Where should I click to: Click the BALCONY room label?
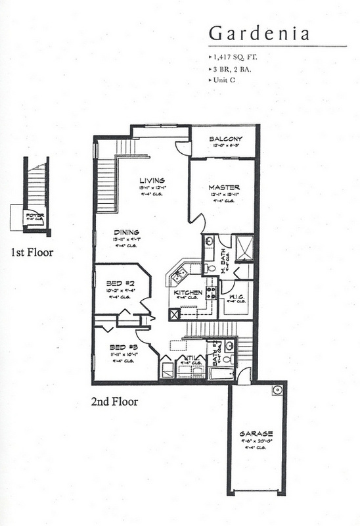pyautogui.click(x=225, y=139)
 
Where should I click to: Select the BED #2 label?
pyautogui.click(x=120, y=284)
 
